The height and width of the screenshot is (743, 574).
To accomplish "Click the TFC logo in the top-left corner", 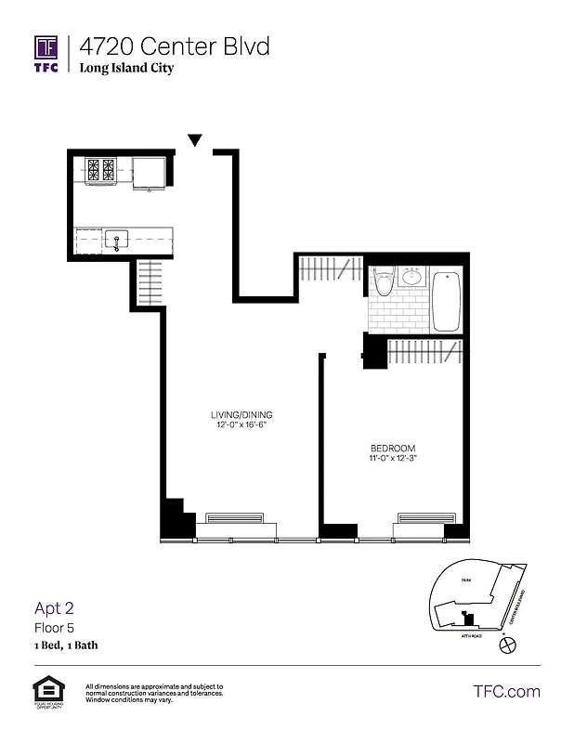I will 46,54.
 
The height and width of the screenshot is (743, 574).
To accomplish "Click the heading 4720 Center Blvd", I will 175,46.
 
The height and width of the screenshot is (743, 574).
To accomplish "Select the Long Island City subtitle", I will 126,68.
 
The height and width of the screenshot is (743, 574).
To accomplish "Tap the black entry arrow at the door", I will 195,140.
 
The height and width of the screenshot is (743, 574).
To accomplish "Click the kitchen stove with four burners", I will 100,170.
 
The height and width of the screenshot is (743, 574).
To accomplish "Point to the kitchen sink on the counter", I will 117,241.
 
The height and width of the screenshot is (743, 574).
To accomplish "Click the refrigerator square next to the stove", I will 149,172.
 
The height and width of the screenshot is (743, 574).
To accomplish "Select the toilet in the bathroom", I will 383,280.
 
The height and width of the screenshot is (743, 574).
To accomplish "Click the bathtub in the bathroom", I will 447,300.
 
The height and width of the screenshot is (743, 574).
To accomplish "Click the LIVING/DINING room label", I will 241,414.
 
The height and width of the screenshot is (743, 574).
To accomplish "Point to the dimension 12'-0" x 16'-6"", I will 241,425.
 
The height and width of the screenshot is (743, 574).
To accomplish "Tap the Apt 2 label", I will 54,608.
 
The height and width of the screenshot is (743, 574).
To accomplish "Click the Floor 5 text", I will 55,628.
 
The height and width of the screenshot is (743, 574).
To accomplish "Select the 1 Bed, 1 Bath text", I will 66,645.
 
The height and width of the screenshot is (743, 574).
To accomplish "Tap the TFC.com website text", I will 506,692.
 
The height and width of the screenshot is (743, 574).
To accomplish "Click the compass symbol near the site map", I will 506,643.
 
